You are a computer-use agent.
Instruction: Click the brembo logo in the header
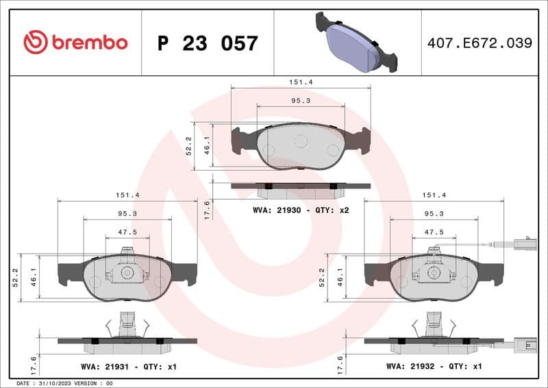75,43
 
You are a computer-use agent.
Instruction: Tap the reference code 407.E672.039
480,43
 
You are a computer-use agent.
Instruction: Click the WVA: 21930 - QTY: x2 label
301,210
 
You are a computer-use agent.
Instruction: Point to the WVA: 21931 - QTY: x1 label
128,367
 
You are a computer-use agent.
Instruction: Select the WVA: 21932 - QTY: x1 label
434,367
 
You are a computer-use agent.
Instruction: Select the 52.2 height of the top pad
189,145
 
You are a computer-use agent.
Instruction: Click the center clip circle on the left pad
127,273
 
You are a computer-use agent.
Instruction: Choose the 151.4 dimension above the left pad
127,195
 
